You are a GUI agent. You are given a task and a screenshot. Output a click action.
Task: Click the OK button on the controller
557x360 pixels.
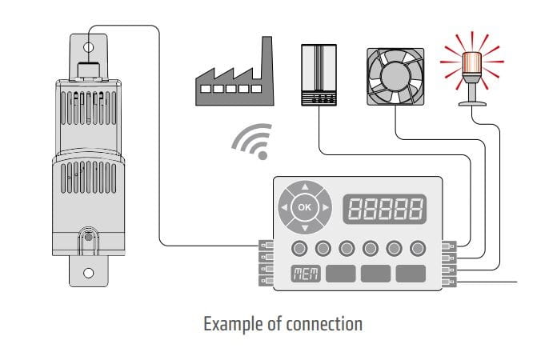(303, 207)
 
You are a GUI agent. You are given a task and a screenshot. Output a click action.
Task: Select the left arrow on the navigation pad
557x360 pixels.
(284, 208)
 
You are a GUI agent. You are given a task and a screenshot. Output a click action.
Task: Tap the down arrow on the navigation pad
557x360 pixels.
(303, 226)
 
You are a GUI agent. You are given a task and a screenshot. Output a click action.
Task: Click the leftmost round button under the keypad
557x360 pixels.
(300, 246)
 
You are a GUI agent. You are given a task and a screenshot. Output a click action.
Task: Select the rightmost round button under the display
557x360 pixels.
(418, 246)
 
